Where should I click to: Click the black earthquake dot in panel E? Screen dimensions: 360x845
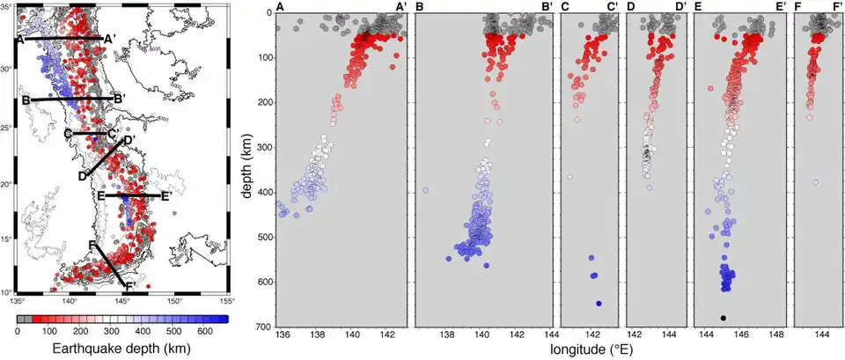(x=723, y=318)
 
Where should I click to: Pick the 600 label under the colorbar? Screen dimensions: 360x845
(x=206, y=331)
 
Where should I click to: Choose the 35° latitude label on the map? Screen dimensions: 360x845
(x=9, y=6)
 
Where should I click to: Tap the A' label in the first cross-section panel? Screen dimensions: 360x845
(x=400, y=7)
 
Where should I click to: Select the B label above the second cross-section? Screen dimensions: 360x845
(x=420, y=7)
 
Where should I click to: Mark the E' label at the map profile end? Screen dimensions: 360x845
(x=165, y=197)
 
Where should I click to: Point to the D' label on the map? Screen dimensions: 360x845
(x=129, y=140)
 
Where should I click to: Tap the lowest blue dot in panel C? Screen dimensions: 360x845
(x=599, y=304)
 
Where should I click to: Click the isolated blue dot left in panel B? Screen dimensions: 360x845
(x=426, y=190)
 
